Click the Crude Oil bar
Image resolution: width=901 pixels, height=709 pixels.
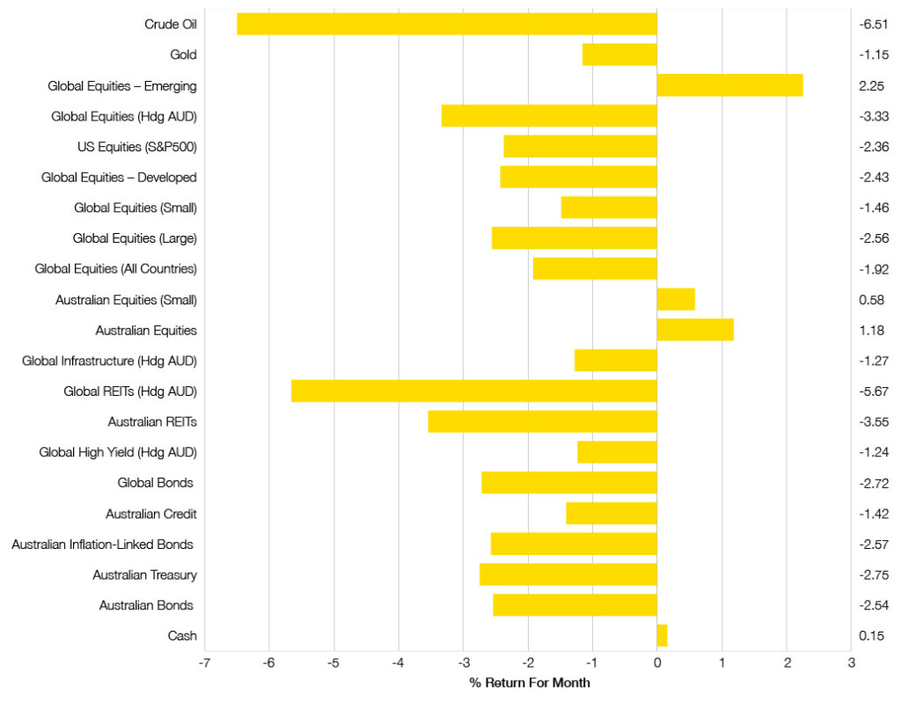tap(447, 24)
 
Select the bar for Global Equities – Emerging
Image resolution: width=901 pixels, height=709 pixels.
tap(729, 85)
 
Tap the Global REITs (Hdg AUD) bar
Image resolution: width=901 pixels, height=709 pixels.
tap(473, 391)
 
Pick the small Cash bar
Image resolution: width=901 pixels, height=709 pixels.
tap(662, 635)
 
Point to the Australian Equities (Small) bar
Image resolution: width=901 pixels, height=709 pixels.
tap(676, 300)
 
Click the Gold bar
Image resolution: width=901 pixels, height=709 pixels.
tap(619, 55)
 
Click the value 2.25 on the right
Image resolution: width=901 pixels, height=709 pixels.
tap(871, 86)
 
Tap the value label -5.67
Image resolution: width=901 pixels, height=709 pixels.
tap(873, 391)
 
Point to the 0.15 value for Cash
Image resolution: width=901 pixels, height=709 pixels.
tap(871, 636)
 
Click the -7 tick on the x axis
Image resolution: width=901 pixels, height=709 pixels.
tap(204, 664)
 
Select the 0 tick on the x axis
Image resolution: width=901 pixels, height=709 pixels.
tap(657, 664)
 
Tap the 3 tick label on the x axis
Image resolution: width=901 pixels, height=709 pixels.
tap(851, 664)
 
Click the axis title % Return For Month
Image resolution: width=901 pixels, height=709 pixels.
tap(529, 683)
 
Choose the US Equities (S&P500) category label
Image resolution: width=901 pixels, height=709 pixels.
tap(137, 147)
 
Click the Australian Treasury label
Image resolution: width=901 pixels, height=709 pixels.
tap(144, 574)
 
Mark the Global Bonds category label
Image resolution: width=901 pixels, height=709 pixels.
tap(155, 483)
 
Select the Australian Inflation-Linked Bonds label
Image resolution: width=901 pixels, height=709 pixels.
tap(102, 545)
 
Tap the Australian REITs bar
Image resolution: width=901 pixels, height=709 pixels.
tap(542, 421)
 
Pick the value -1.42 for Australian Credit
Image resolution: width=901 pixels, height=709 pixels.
tap(873, 514)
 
